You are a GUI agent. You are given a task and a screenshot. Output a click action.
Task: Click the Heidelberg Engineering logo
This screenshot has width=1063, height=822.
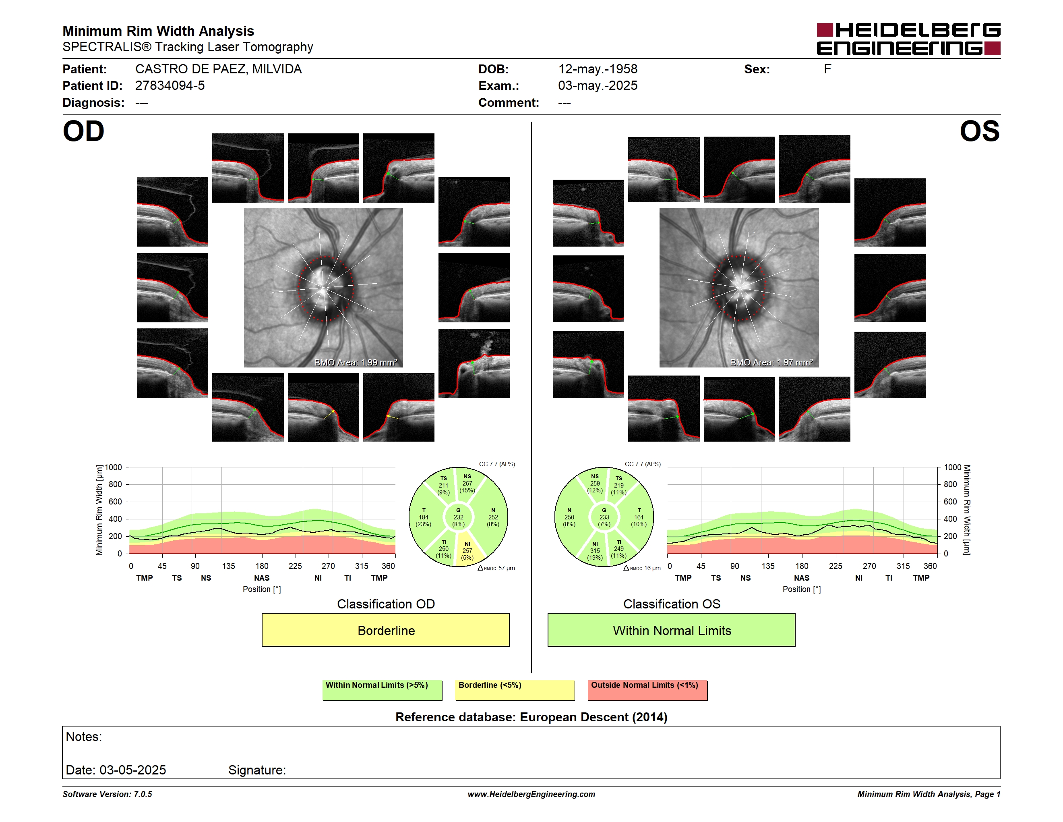pos(908,39)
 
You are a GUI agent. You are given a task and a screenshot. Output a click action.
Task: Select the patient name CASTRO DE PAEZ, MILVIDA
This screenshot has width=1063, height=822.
pos(219,69)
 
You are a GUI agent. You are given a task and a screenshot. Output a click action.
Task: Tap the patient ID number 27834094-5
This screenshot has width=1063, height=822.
pos(170,86)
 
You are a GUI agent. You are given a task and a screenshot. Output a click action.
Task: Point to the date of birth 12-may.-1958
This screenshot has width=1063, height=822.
pos(598,69)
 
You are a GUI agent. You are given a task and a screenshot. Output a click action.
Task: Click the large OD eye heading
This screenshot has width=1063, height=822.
pos(84,131)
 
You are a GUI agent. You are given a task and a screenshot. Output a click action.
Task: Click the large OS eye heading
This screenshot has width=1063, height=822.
pos(979,131)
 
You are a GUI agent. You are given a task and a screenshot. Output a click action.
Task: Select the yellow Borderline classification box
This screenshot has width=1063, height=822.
pos(385,630)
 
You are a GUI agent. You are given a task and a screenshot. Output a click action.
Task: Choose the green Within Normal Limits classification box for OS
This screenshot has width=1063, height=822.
pos(672,630)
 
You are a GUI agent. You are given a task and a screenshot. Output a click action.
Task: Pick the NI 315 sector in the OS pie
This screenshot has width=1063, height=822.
pos(595,549)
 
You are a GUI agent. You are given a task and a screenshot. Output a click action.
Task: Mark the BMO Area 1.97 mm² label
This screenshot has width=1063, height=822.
pos(771,362)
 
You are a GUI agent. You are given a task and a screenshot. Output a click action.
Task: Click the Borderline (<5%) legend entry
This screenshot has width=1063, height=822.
pos(515,690)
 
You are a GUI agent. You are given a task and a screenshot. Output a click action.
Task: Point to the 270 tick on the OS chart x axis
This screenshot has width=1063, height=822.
pos(869,566)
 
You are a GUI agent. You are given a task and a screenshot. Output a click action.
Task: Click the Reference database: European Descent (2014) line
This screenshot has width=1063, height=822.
pos(531,717)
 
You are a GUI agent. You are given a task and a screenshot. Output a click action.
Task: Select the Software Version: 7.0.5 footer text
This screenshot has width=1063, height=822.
pos(107,794)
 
